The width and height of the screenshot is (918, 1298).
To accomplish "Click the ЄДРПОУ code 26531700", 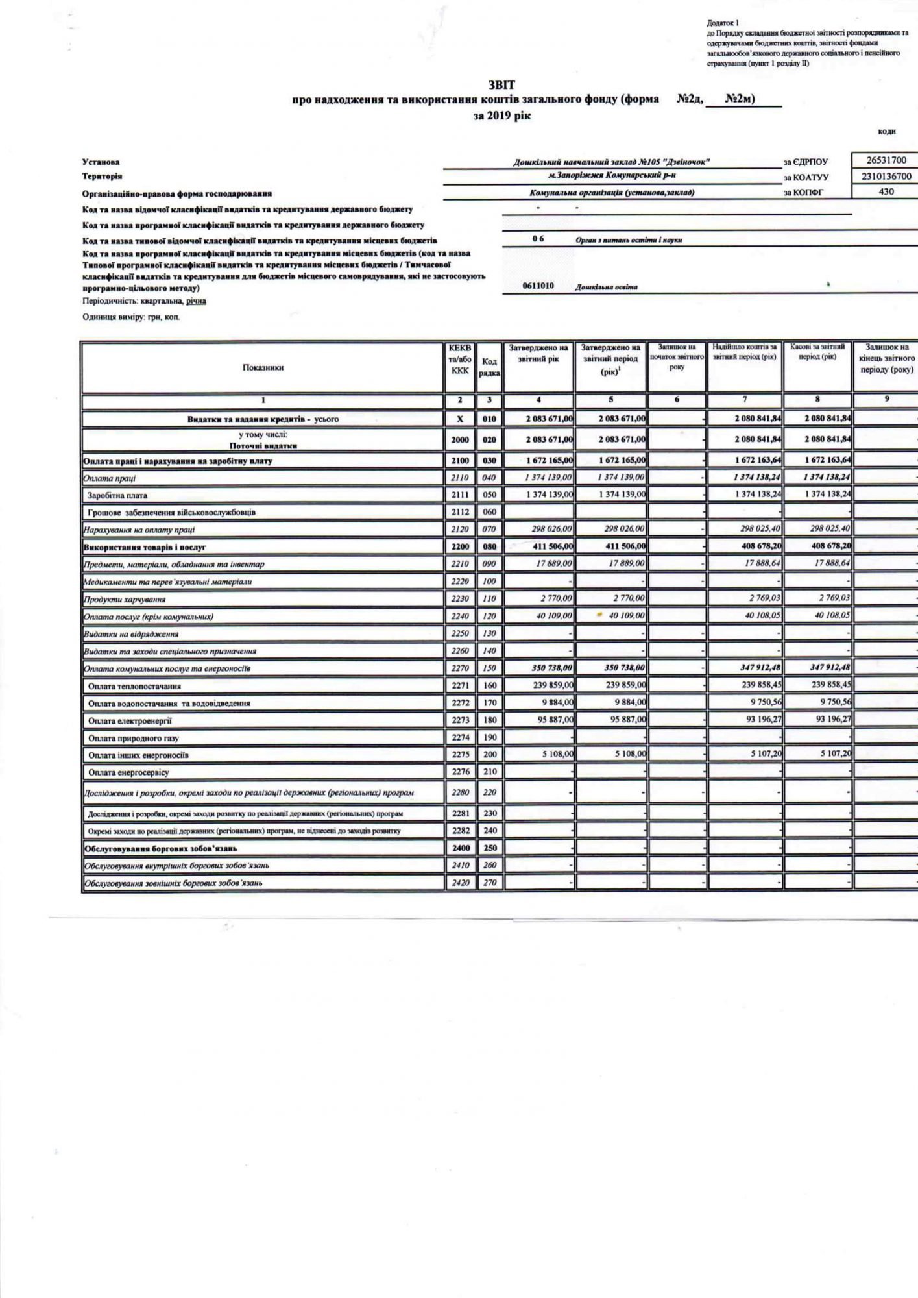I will (x=886, y=160).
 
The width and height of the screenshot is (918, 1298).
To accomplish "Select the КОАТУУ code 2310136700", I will (x=886, y=176).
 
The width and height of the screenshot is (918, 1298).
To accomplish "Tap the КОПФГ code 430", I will (x=886, y=191).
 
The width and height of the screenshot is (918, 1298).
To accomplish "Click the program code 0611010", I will (x=538, y=286).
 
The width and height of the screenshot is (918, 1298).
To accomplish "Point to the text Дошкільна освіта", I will (x=606, y=287).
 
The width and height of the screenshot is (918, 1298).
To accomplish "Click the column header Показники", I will (x=263, y=367).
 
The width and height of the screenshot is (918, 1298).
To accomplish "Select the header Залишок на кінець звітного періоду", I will (x=886, y=358).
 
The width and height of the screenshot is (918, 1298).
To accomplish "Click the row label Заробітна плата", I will (x=117, y=495).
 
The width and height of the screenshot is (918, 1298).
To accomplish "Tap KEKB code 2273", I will (x=460, y=720).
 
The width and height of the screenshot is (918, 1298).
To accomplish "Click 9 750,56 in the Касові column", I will (x=828, y=703).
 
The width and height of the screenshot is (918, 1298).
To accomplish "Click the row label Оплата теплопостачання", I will (x=134, y=686).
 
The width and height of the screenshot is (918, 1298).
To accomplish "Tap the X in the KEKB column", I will (x=460, y=419).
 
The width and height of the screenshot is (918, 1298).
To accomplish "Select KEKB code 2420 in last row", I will (x=460, y=883).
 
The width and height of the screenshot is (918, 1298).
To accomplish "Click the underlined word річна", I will (x=195, y=301).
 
